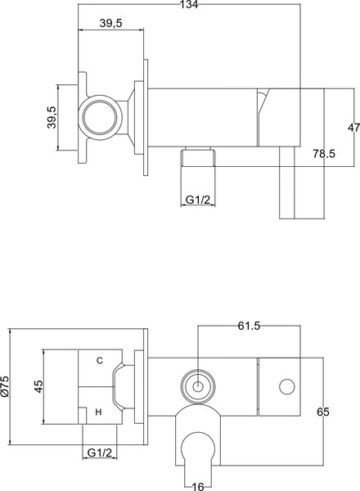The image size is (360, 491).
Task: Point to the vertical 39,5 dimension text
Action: click(52, 116)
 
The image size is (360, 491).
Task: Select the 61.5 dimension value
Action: click(249, 327)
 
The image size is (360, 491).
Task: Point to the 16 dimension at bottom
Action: click(196, 485)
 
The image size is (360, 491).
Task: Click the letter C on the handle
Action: click(100, 360)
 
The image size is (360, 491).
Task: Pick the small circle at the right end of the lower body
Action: click(287, 385)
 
